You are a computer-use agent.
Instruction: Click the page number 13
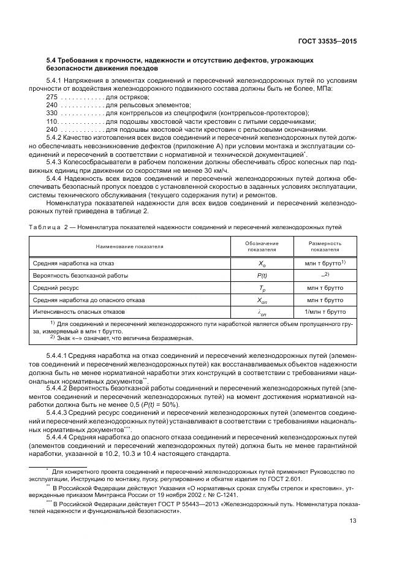tap(352, 521)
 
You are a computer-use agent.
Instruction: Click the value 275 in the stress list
tap(52, 97)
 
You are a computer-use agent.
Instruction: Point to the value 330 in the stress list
tap(52, 113)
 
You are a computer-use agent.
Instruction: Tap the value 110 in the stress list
tap(52, 121)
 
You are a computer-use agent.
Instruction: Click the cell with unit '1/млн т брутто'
tap(325, 311)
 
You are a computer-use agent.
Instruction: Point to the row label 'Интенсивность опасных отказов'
tap(78, 311)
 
